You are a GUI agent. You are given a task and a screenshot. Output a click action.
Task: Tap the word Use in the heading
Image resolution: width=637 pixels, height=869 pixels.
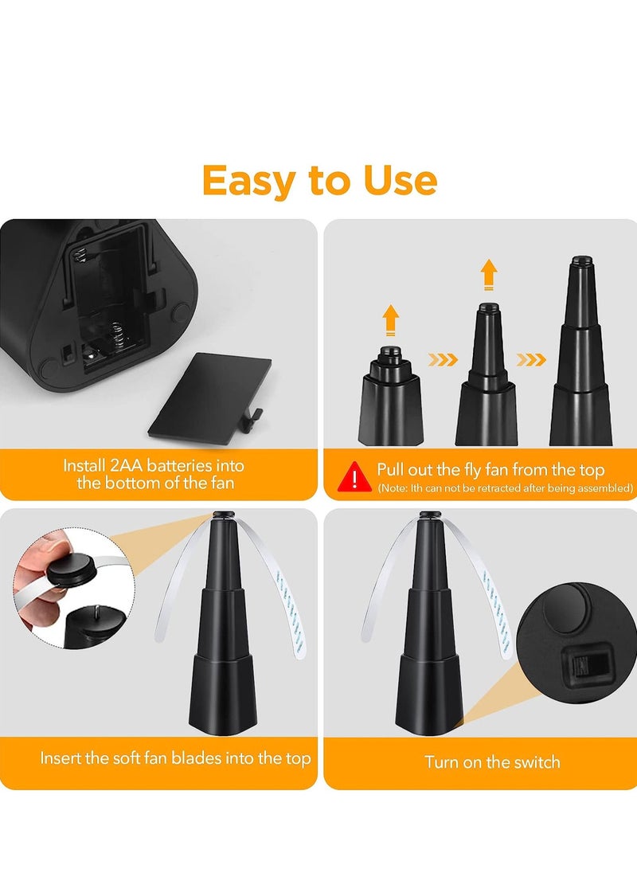pos(401,180)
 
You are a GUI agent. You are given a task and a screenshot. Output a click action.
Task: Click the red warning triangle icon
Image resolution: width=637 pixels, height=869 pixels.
pos(354,476)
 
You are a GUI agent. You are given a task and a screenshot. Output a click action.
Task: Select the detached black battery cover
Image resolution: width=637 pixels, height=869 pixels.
pos(210,398)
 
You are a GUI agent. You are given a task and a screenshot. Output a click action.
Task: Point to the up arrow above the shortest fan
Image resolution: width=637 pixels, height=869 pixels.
pos(391,319)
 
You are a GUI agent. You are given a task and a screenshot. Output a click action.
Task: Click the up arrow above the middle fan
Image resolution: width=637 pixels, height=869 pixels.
pos(489,274)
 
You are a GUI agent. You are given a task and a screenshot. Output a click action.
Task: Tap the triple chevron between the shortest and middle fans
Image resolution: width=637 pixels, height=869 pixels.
pos(444,360)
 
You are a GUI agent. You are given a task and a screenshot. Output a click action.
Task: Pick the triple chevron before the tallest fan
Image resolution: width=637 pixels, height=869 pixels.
pos(531,360)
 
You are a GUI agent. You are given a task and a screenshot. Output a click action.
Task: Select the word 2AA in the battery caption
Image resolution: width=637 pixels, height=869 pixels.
pos(127,465)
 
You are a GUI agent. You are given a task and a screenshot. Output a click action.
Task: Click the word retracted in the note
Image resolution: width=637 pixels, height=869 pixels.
pos(498,488)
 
